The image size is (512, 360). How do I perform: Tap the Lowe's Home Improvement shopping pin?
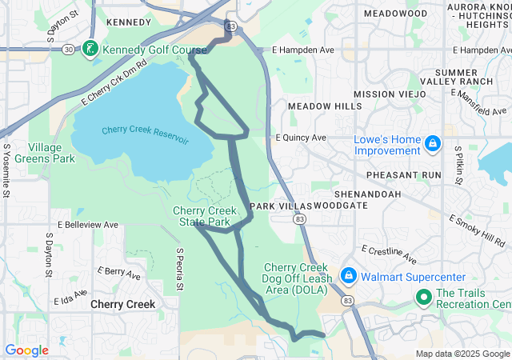point(433,143)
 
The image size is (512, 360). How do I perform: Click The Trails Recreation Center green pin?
point(423,298)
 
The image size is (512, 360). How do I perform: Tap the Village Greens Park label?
point(51,152)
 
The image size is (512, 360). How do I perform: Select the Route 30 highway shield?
point(69,50)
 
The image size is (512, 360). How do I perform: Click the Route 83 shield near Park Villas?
point(298,218)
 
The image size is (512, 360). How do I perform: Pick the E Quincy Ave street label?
point(301,138)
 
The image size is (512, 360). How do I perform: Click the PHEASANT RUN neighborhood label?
point(404,174)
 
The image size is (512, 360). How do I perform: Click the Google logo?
point(26,350)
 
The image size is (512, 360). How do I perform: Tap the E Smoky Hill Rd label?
point(477,230)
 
